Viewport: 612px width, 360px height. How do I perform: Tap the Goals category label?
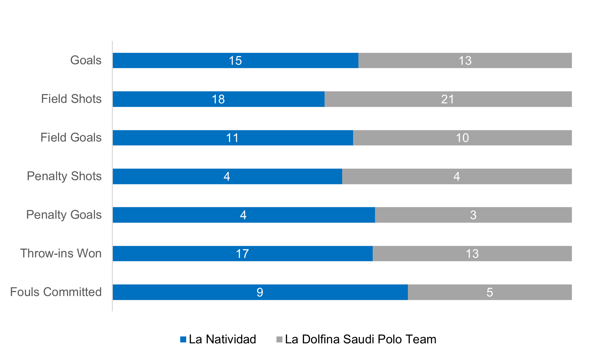pos(86,60)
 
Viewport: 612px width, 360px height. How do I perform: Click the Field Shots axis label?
pos(71,99)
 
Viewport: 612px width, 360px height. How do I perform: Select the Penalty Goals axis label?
pos(64,215)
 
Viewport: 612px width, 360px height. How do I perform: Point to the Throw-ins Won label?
pos(61,253)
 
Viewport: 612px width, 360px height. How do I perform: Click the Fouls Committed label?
pos(56,292)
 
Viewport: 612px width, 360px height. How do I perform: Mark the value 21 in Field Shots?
pos(447,99)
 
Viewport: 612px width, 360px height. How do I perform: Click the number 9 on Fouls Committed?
pos(260,292)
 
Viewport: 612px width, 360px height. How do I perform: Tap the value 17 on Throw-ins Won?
pos(242,254)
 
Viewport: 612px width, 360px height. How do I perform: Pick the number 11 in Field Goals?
pos(232,138)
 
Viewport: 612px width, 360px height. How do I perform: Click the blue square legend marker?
pos(183,339)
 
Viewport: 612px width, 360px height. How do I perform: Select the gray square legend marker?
pos(279,339)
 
